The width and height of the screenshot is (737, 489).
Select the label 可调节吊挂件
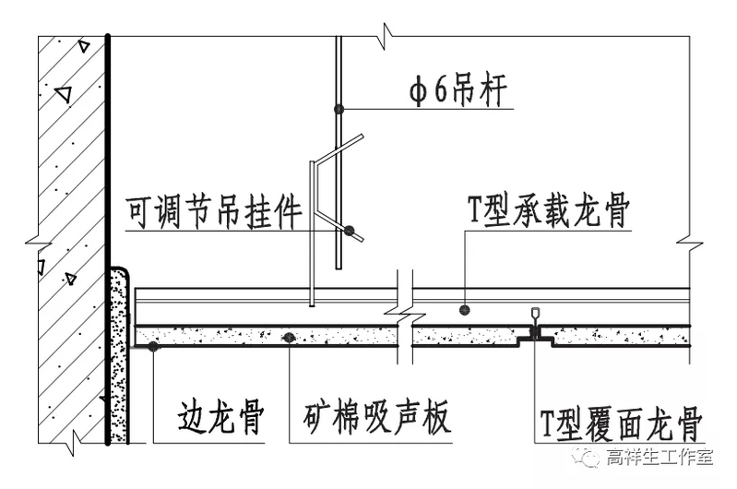click(x=215, y=214)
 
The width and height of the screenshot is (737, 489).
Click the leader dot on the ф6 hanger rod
click(x=339, y=109)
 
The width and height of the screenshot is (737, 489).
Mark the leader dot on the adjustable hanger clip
click(x=350, y=230)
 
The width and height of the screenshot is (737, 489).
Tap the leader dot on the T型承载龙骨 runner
click(x=466, y=310)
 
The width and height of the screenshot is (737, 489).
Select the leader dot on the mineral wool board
click(x=290, y=337)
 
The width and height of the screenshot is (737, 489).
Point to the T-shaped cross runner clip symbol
click(x=534, y=325)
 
